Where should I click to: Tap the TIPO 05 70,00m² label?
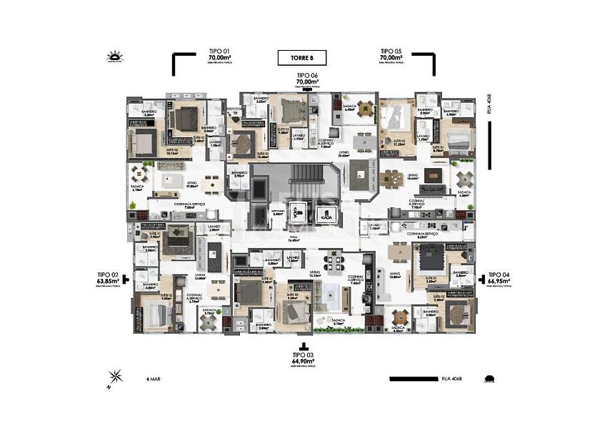[392, 55]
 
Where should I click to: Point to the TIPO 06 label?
[307, 79]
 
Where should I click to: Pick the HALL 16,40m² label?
[294, 238]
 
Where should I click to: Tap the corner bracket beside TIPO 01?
[183, 63]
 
